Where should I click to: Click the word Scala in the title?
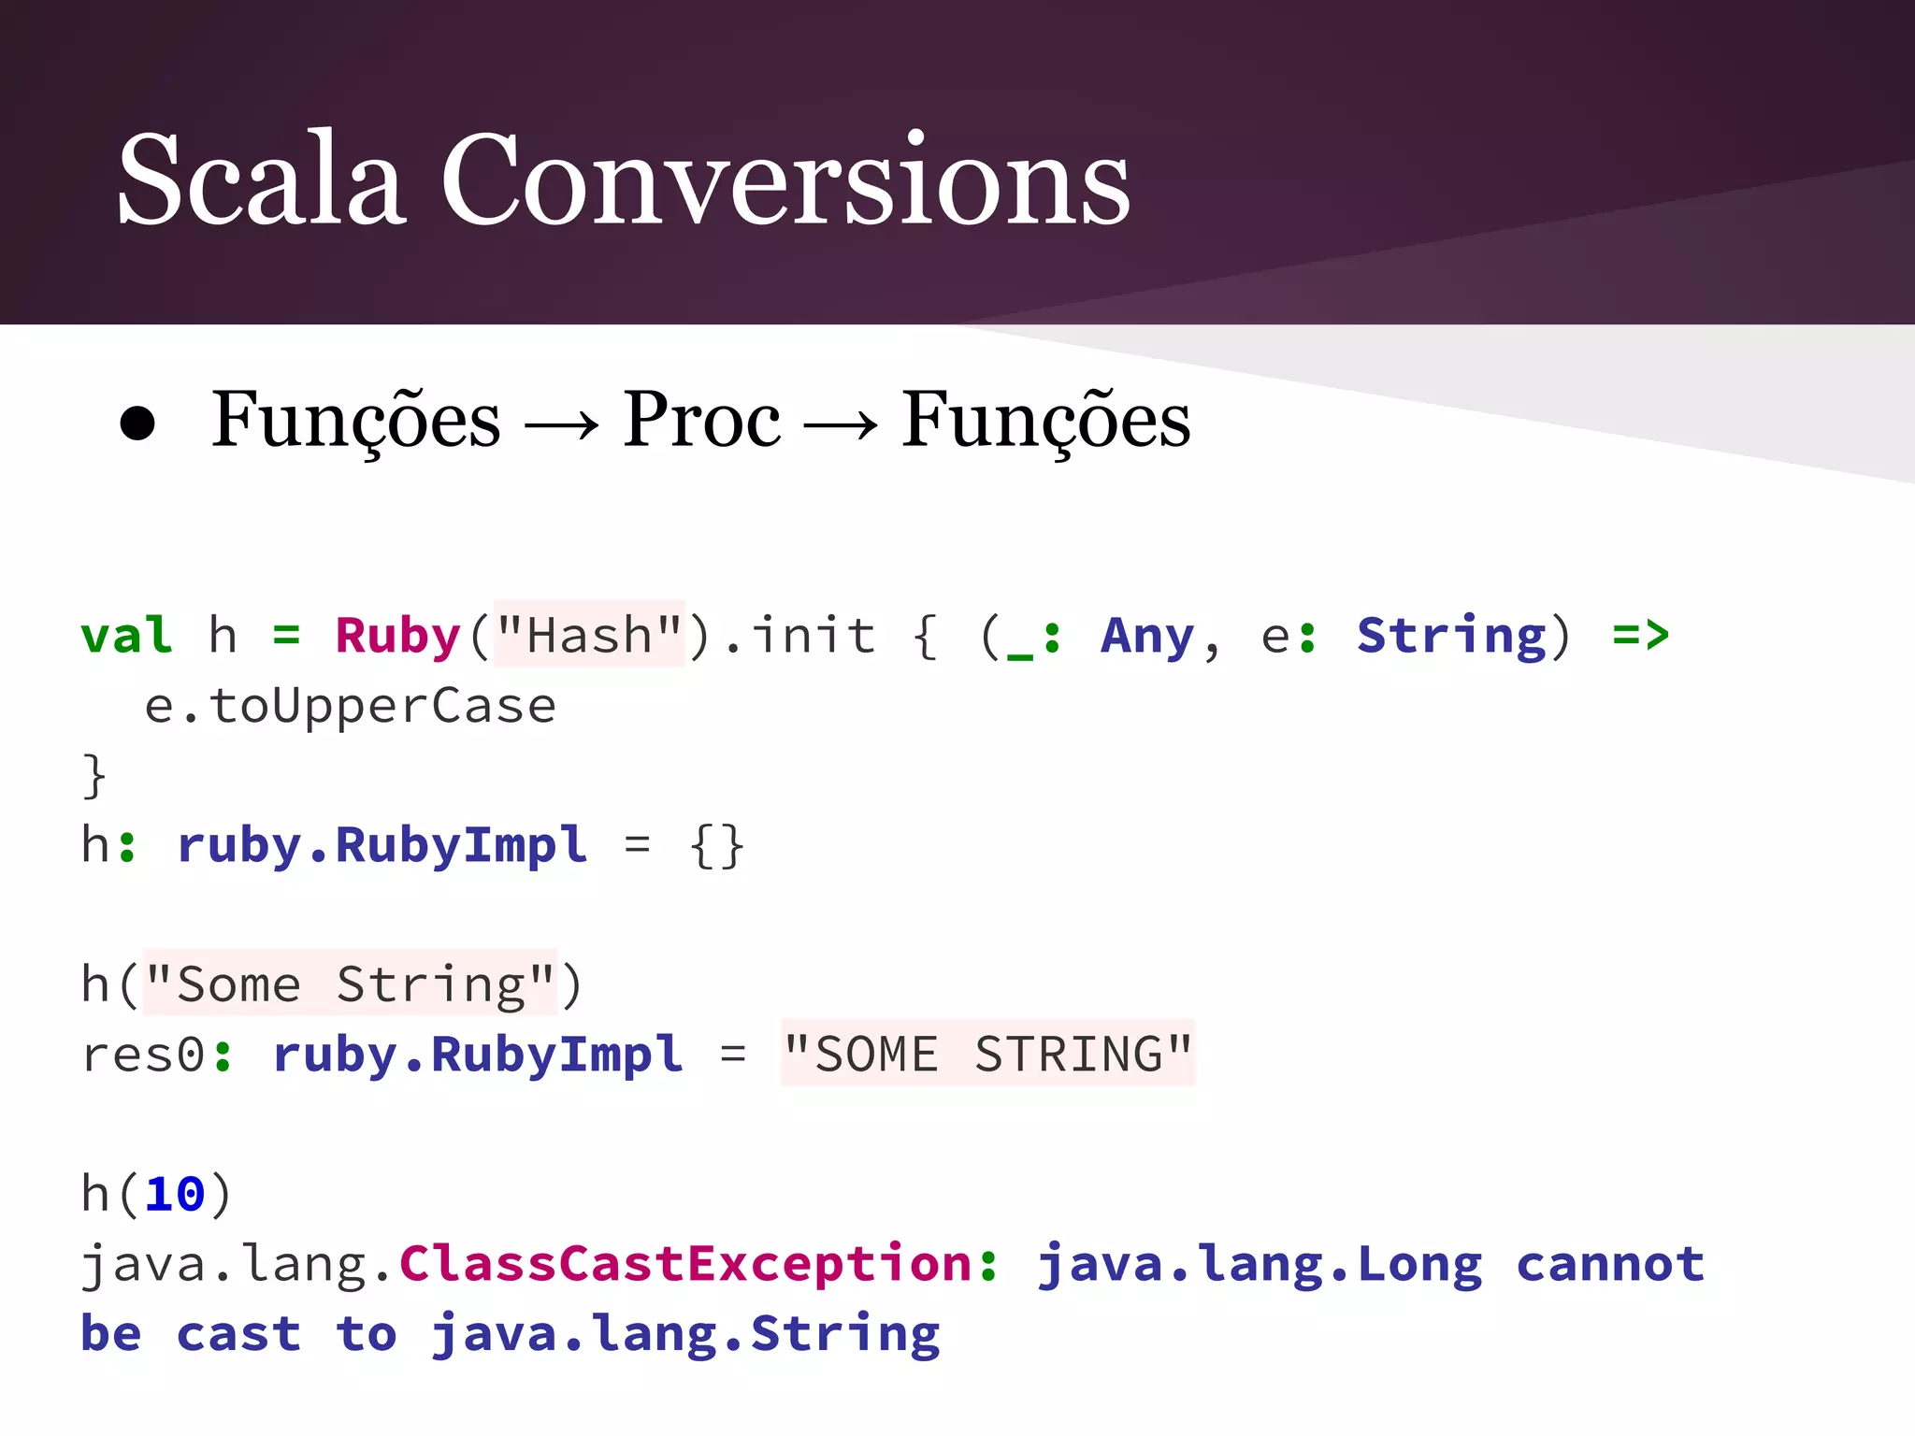click(262, 179)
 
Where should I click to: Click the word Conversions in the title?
click(785, 179)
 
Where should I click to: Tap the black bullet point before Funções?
click(137, 424)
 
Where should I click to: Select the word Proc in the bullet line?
click(701, 421)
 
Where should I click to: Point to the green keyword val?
click(127, 636)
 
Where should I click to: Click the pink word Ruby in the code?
click(398, 636)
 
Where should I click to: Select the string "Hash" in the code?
click(589, 636)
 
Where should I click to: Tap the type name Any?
click(1147, 636)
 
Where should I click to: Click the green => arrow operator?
click(1641, 636)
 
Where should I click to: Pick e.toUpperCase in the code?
click(351, 706)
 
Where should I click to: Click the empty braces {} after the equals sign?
click(716, 845)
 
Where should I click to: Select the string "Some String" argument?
click(350, 984)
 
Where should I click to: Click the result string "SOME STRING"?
click(988, 1055)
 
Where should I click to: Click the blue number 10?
click(175, 1194)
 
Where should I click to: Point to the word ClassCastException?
click(686, 1264)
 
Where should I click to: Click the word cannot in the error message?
click(1610, 1264)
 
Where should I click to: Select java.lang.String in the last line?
click(685, 1334)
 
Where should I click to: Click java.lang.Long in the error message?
click(1260, 1264)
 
